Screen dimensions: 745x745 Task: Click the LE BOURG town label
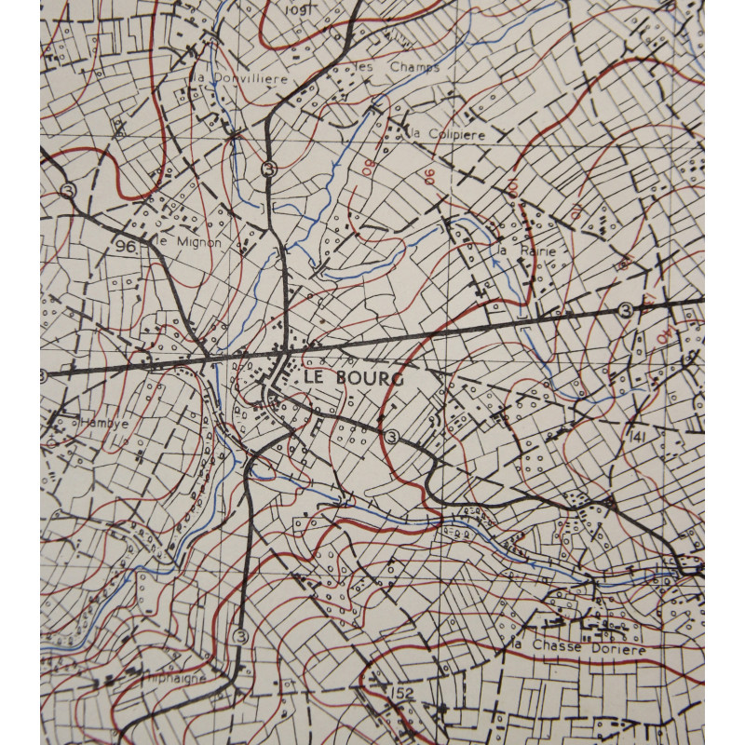pyautogui.click(x=352, y=379)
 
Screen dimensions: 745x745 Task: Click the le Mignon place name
pyautogui.click(x=189, y=242)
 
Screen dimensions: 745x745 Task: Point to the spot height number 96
pyautogui.click(x=127, y=247)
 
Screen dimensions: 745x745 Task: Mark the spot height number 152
pyautogui.click(x=402, y=693)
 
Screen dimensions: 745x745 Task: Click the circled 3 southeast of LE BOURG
pyautogui.click(x=390, y=436)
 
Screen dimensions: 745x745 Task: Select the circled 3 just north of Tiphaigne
pyautogui.click(x=242, y=636)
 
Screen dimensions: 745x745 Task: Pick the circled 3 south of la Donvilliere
pyautogui.click(x=269, y=169)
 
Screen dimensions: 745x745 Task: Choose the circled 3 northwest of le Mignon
pyautogui.click(x=67, y=189)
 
